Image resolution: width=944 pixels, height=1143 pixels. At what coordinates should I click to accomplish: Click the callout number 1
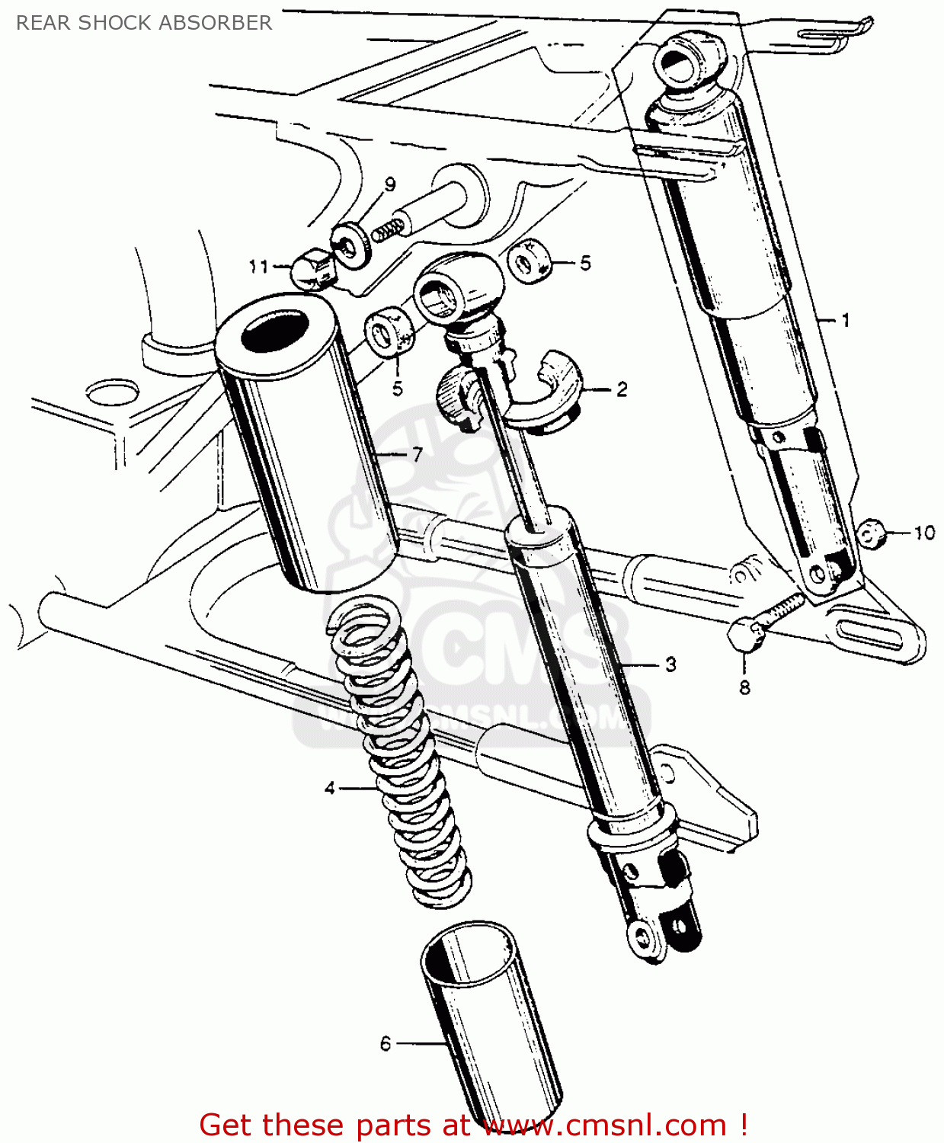point(845,320)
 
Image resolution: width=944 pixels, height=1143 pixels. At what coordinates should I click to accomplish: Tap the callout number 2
point(622,389)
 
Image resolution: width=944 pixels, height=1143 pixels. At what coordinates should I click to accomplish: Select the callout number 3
point(670,664)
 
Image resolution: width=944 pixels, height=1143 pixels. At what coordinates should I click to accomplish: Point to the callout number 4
point(330,788)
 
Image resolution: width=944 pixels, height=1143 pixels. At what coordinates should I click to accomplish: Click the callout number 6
point(386,1043)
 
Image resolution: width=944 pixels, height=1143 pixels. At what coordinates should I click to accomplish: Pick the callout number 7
point(417,454)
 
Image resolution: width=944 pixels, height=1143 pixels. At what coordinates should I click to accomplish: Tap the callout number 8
point(744,687)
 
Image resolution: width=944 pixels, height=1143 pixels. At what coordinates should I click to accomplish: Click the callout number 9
point(390,184)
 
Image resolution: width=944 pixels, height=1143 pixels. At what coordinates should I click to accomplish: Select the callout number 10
point(924,533)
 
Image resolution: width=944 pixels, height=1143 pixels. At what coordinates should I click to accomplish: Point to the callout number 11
point(258,266)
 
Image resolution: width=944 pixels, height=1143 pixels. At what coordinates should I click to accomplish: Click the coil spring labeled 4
point(400,754)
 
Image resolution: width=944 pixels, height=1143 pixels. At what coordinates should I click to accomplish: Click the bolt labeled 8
point(762,621)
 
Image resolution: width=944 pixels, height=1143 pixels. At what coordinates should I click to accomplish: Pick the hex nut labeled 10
point(871,533)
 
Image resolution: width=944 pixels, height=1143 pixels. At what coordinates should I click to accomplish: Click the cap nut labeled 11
point(313,268)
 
